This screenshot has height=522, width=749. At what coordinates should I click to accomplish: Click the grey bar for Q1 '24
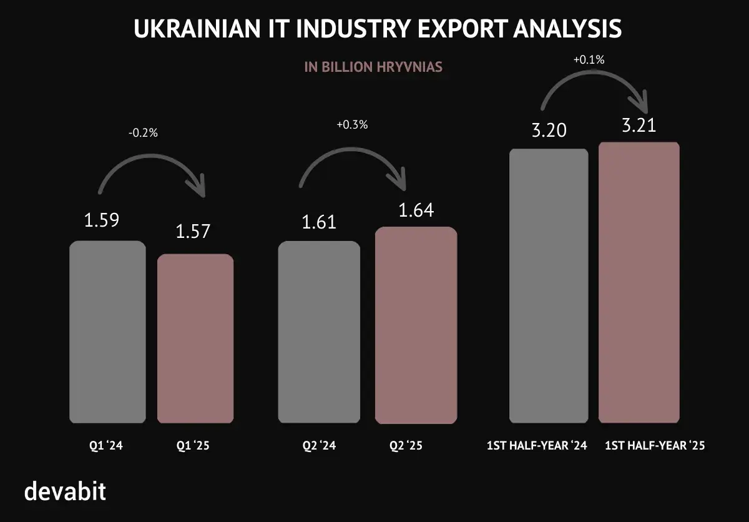107,331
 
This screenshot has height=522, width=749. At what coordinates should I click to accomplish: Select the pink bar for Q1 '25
195,338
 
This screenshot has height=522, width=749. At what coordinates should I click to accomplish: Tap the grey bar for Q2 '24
319,331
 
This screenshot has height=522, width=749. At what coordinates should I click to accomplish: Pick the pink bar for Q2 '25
416,325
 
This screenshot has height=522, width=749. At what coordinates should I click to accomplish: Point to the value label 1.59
102,220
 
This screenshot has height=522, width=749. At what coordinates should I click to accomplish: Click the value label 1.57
193,232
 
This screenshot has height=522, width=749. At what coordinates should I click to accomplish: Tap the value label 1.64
416,210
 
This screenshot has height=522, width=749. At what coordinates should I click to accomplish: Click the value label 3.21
639,126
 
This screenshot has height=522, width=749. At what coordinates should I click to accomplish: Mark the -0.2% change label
143,134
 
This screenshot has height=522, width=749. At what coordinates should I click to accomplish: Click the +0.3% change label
352,124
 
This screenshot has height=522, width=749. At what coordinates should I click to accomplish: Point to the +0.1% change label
588,61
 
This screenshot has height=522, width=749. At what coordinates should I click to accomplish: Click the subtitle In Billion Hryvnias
373,67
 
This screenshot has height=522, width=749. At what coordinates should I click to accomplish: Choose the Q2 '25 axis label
406,446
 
